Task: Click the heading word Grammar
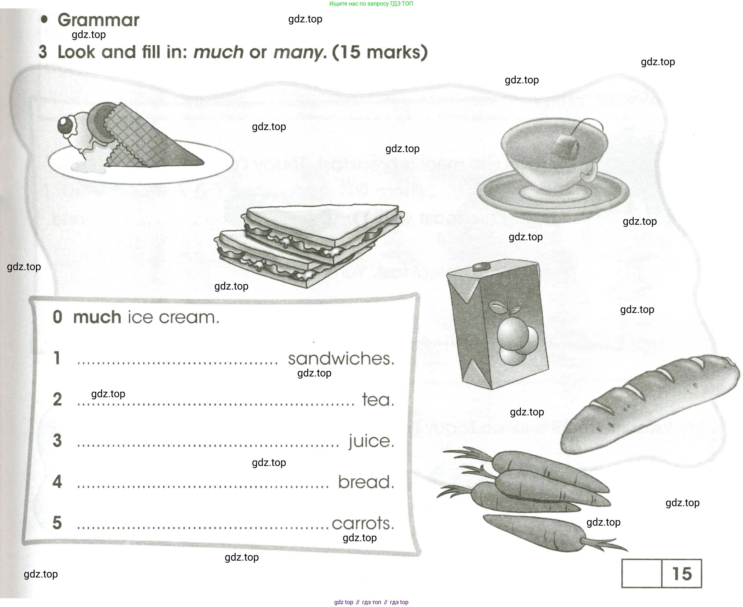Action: (x=98, y=20)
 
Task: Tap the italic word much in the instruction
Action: (x=218, y=52)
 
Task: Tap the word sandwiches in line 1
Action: (x=341, y=358)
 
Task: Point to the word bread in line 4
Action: (x=366, y=482)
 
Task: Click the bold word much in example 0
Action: (x=97, y=317)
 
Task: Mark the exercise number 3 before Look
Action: (x=43, y=52)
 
